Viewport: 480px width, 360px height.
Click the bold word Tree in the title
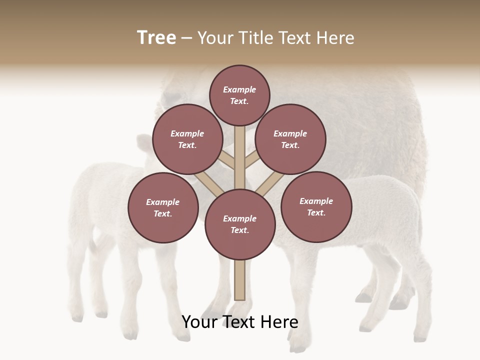pos(156,38)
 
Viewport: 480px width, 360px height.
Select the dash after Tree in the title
pos(186,38)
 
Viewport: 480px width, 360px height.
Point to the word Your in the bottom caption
pos(200,322)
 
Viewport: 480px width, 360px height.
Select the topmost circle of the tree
pos(239,95)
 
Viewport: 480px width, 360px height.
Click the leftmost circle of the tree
pos(163,207)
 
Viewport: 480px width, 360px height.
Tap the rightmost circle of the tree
pos(316,206)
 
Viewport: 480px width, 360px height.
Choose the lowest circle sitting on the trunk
pos(240,224)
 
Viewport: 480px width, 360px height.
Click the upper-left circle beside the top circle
pos(187,139)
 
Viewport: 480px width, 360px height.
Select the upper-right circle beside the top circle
pos(290,139)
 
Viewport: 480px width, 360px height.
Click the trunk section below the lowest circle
pos(240,280)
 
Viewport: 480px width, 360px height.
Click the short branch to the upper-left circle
pos(227,161)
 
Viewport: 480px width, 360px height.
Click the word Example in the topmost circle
pos(239,89)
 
